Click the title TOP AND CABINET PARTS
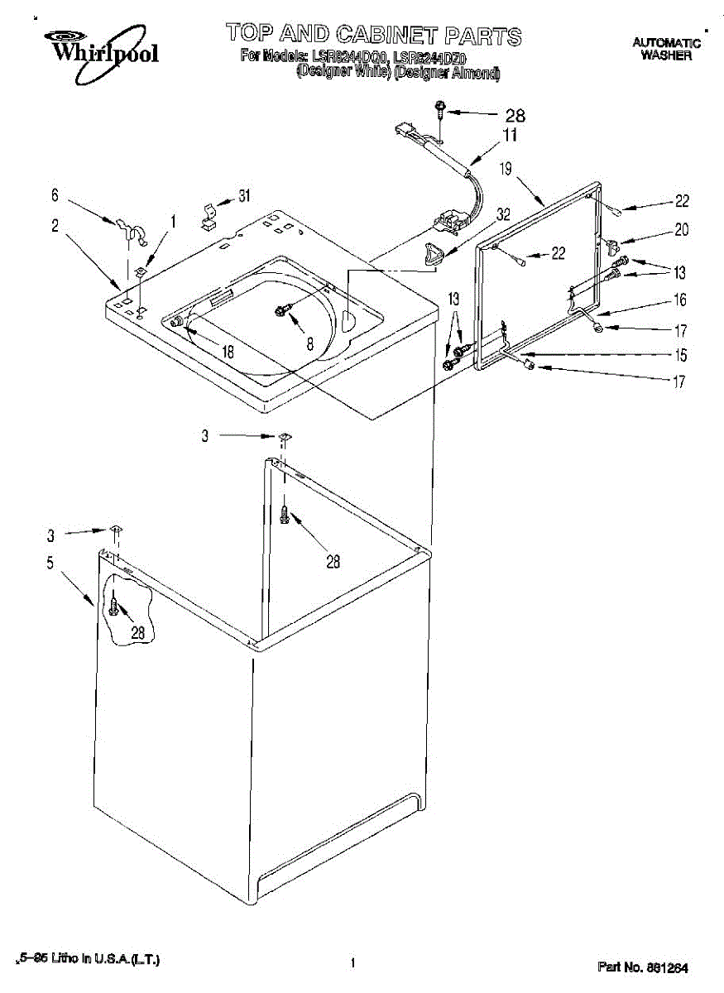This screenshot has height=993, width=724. click(374, 35)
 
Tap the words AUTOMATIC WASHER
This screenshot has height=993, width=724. click(667, 49)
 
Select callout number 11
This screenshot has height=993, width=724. click(511, 134)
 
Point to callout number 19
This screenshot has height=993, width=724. click(506, 169)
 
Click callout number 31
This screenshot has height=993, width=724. click(244, 196)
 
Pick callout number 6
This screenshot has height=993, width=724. click(55, 195)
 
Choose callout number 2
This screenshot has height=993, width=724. click(55, 225)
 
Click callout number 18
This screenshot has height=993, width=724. click(228, 351)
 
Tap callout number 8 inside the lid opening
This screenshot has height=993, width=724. click(310, 343)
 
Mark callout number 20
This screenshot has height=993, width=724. click(681, 231)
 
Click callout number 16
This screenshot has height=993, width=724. click(680, 300)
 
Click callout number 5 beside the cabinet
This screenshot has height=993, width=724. click(50, 564)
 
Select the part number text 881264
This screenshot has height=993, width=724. click(643, 967)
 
